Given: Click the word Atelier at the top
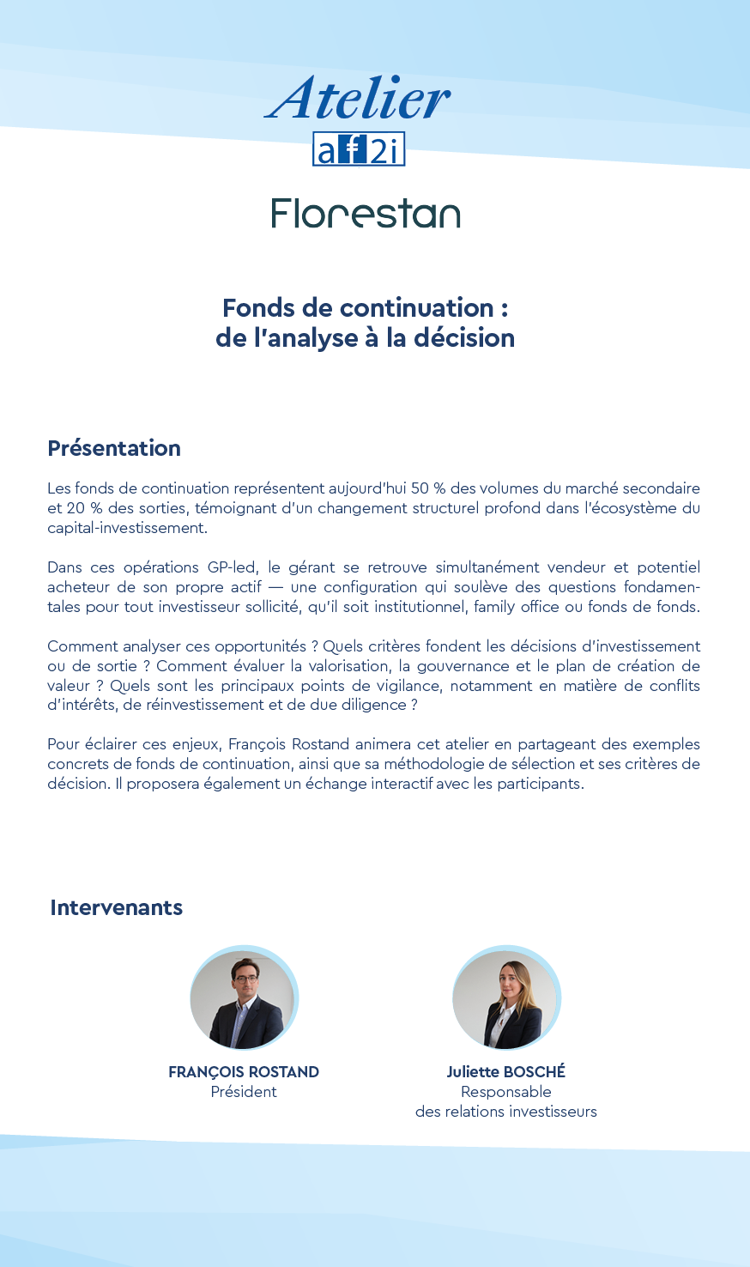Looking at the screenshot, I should click(358, 99).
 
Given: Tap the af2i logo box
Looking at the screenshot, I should click(358, 149).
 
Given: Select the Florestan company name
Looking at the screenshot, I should click(366, 214).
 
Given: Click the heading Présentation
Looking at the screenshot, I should click(114, 448).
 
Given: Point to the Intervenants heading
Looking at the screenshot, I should click(116, 907).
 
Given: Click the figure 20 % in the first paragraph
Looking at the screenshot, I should click(84, 508).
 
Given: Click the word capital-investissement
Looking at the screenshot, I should click(127, 528).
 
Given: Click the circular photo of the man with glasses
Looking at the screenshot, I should click(244, 998).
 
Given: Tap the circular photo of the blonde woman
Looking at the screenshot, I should click(506, 998).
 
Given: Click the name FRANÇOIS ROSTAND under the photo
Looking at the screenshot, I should click(244, 1072).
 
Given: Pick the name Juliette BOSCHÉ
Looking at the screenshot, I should click(506, 1072).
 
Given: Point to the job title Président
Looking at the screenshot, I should click(244, 1092).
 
